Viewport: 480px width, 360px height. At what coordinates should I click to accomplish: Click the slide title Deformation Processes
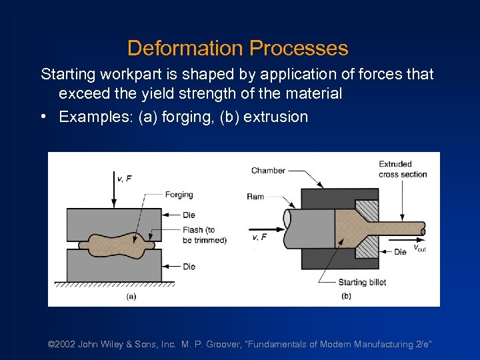point(237,48)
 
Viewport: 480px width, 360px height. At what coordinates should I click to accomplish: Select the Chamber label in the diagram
point(268,171)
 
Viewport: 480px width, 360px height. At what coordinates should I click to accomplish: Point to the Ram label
point(255,197)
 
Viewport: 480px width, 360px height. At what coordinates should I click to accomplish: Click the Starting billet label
point(362,282)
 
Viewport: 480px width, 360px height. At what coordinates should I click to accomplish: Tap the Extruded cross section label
point(403,169)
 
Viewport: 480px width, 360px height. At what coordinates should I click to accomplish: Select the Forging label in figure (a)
point(179,195)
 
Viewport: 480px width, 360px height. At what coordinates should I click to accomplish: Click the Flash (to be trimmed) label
point(204,235)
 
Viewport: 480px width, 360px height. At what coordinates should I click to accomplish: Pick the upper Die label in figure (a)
point(189,215)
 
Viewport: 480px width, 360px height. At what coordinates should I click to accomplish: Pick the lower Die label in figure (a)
point(189,267)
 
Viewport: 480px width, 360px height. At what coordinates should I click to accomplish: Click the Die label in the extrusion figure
point(400,252)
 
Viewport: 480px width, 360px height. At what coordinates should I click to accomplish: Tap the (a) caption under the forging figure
point(131,296)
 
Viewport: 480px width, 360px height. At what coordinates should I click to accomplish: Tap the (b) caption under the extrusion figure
point(346,296)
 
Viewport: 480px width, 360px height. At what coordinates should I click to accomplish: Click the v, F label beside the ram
point(259,237)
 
